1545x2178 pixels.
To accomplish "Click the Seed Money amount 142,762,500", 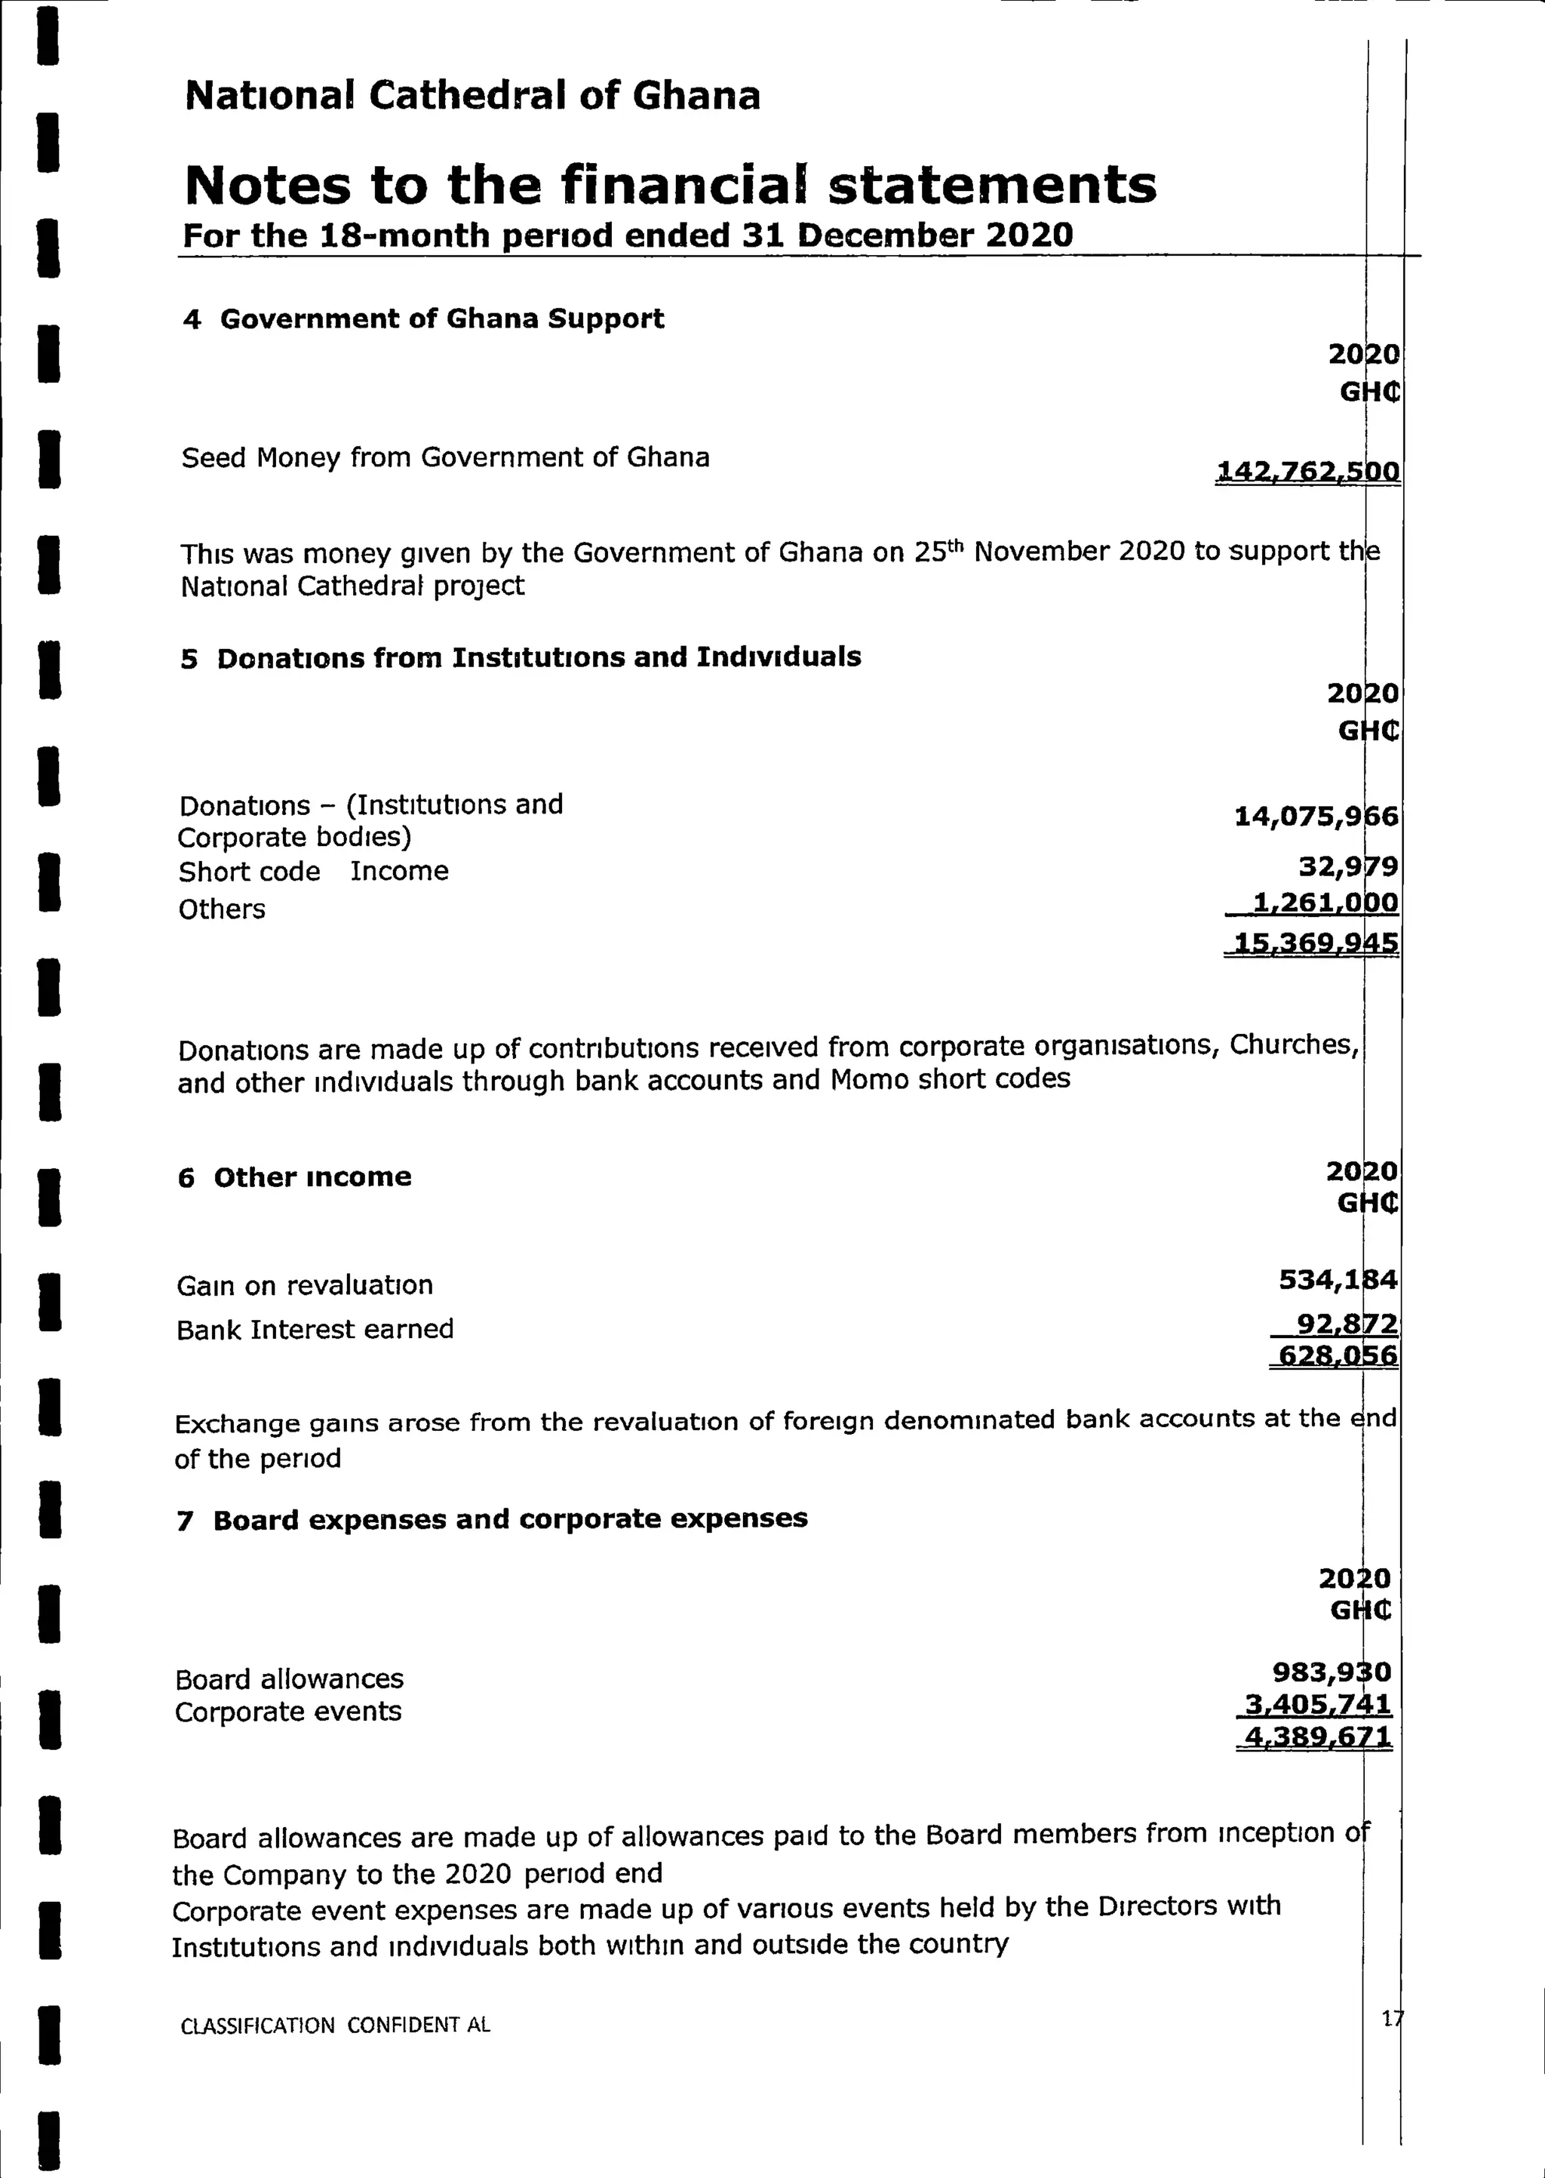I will pos(1307,471).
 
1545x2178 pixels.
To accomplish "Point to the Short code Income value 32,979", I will pos(1348,867).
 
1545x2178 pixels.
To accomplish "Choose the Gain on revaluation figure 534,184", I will pos(1338,1280).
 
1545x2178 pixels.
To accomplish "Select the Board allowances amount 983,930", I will pos(1331,1672).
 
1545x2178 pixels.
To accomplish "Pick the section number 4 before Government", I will pos(192,320).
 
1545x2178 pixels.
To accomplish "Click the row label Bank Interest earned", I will pos(315,1329).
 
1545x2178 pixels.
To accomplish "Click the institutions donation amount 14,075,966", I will pos(1316,817).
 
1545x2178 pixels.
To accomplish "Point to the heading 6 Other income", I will pos(295,1178).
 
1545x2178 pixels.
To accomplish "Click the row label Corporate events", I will pos(288,1712).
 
